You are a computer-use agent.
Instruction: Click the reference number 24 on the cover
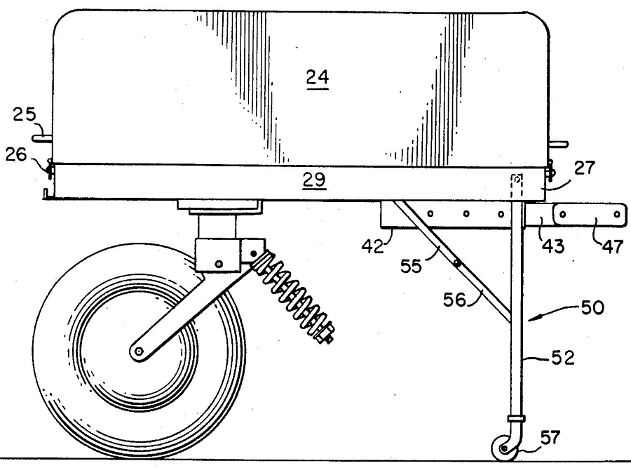[318, 77]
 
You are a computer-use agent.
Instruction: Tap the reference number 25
[24, 115]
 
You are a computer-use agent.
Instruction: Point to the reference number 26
[15, 154]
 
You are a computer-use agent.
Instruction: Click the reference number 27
[584, 168]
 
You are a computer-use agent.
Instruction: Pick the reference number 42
[373, 246]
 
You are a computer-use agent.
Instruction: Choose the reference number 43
[553, 246]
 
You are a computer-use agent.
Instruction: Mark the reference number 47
[613, 246]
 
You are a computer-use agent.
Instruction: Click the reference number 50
[592, 308]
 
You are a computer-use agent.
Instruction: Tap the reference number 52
[562, 358]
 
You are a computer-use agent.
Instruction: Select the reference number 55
[411, 266]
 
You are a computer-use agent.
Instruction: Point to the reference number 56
[454, 300]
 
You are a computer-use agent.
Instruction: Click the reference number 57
[550, 437]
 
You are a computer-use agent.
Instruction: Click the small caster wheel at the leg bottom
[504, 448]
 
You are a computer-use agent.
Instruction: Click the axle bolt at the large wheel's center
[138, 352]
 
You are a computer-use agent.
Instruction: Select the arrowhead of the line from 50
[531, 319]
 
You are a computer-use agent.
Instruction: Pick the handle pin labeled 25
[42, 139]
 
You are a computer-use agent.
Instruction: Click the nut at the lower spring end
[324, 333]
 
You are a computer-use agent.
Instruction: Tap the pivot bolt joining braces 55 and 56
[456, 263]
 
